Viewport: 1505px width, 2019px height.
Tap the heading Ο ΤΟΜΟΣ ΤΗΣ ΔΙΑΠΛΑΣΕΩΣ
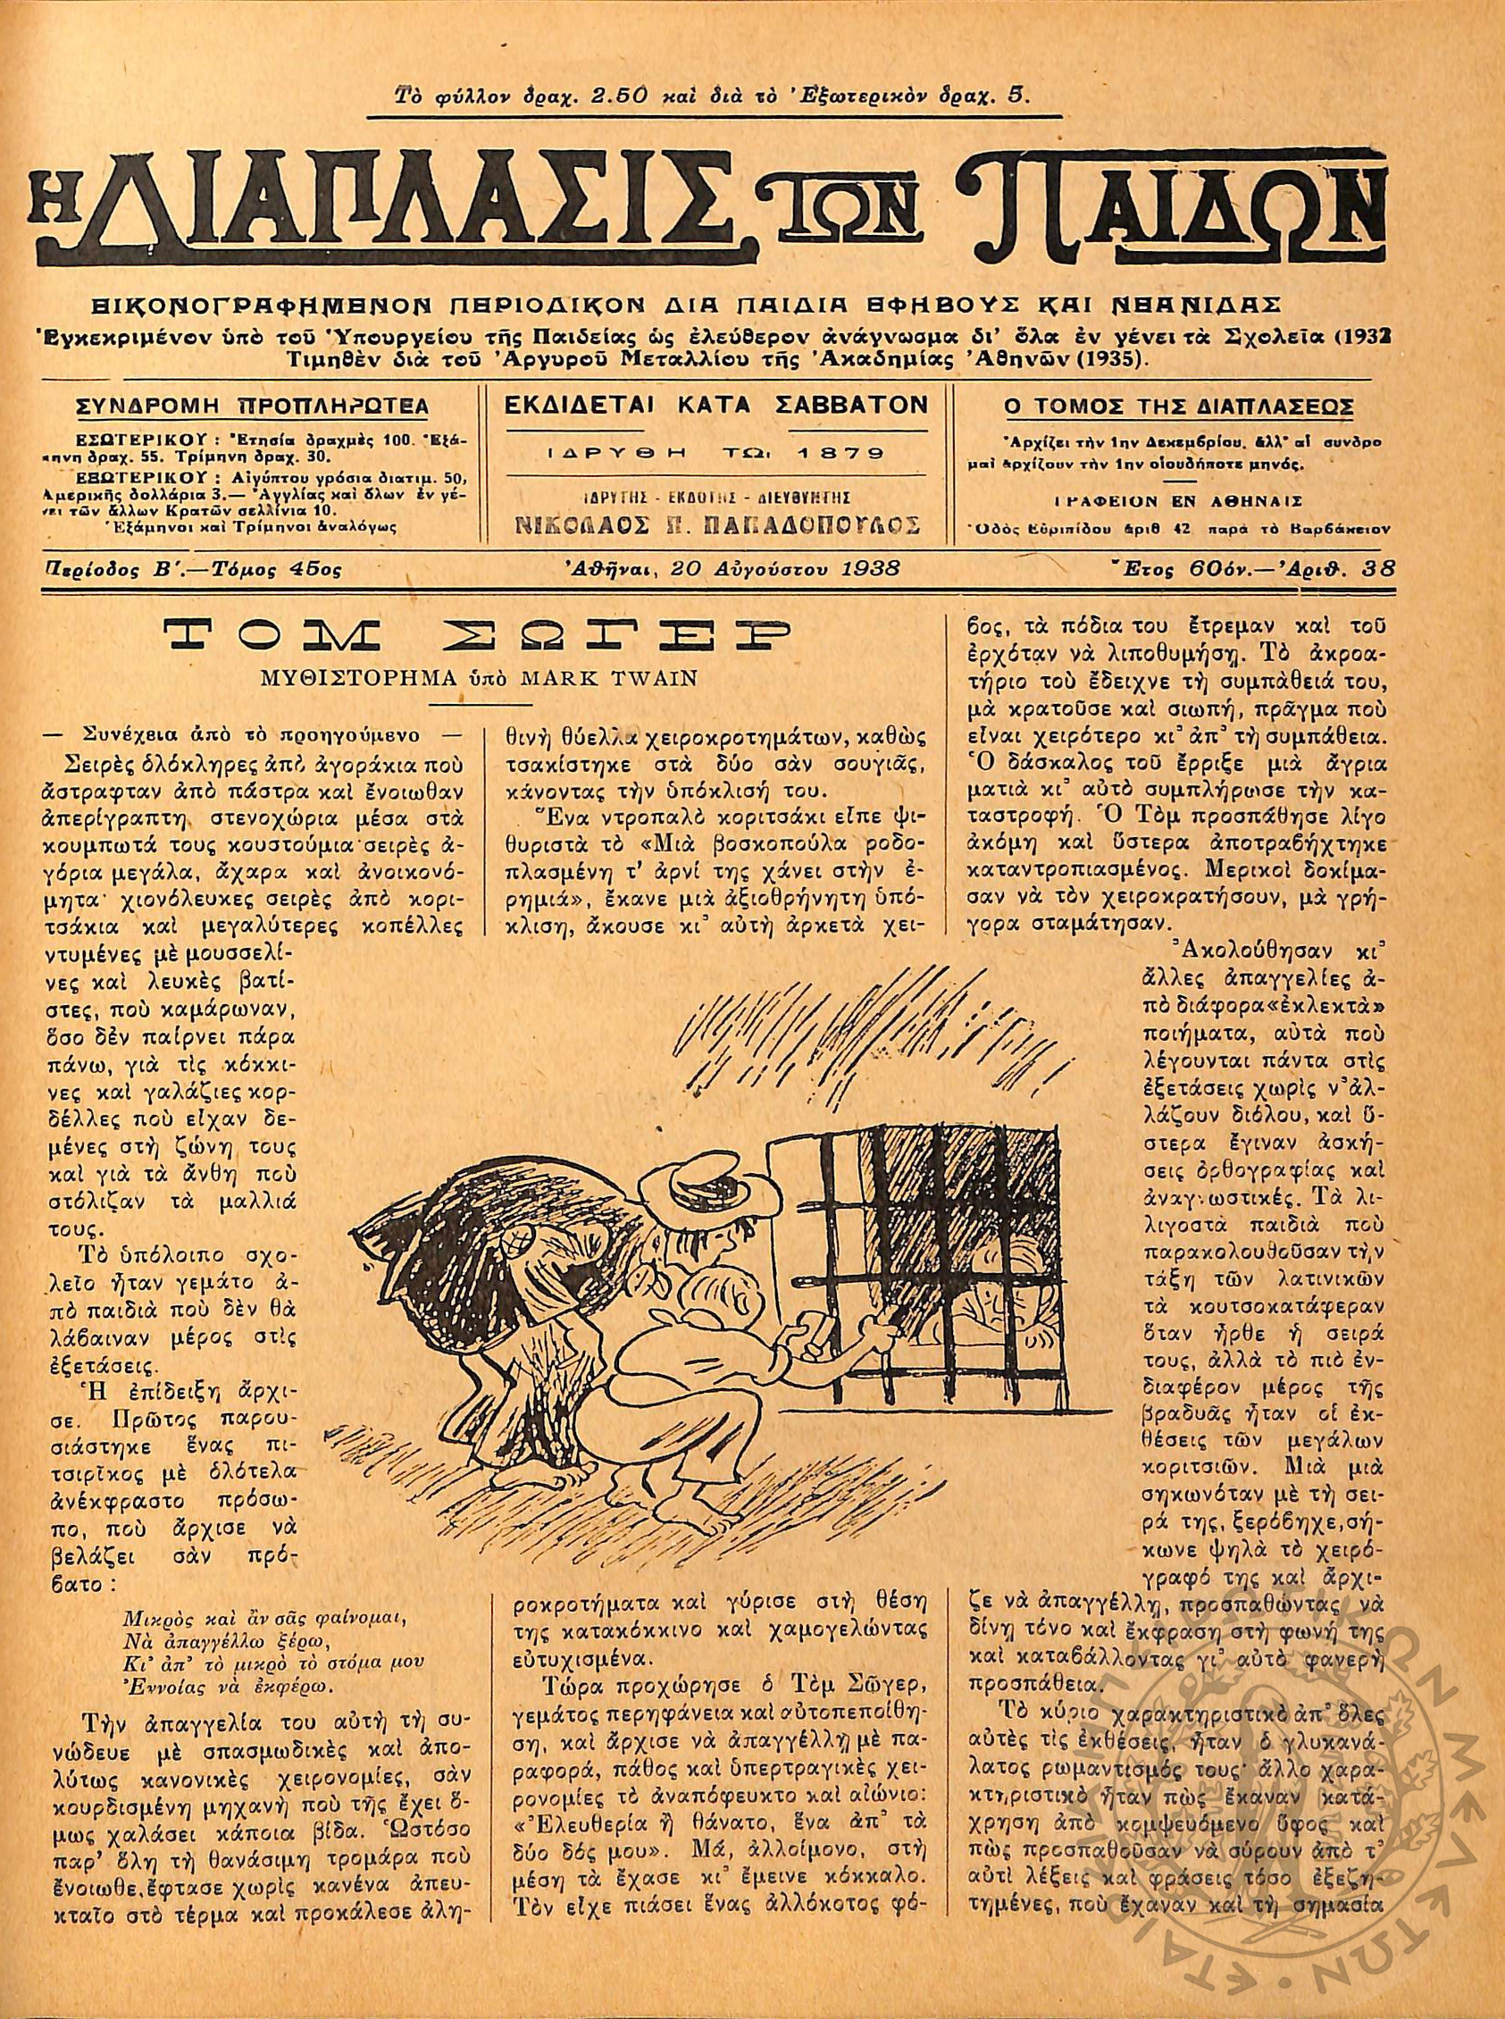point(1178,406)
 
